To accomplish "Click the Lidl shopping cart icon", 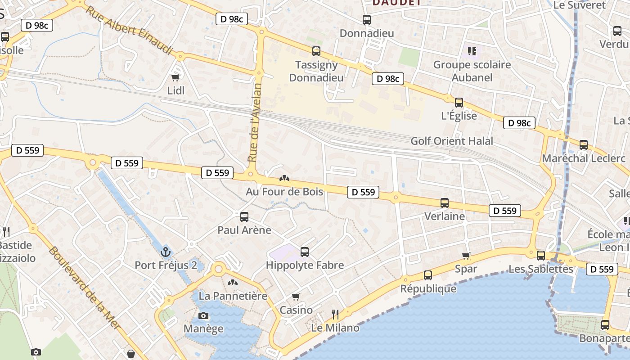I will point(175,77).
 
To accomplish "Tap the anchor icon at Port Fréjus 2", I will point(166,252).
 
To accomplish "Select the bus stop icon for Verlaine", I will point(445,203).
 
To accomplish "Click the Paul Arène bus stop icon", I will point(244,217).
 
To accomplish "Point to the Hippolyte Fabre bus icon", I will point(305,252).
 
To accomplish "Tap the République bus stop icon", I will point(428,275).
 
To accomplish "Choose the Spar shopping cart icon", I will point(466,256).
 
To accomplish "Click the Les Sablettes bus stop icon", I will point(541,256).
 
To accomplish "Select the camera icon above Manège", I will point(203,315).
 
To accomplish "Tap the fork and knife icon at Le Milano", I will point(335,314).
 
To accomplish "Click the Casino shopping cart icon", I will point(296,297).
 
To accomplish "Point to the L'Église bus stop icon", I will point(459,103).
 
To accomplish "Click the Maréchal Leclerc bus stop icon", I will point(584,145).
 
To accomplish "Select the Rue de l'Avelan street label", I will point(255,122).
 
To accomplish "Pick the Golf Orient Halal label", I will point(452,141).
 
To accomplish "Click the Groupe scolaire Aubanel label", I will point(472,71).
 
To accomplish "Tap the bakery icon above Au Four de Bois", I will point(284,179).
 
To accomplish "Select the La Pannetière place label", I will point(233,296).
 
